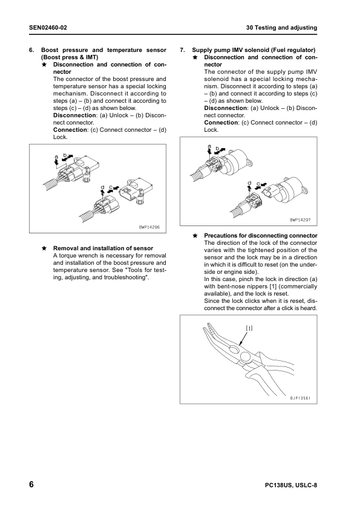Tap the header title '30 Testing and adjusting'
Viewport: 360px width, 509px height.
click(281, 28)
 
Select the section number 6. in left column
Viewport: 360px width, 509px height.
click(31, 50)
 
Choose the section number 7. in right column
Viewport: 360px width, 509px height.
click(183, 50)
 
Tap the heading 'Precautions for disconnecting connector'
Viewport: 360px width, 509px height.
click(261, 235)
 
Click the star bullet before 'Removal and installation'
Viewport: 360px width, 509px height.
click(44, 248)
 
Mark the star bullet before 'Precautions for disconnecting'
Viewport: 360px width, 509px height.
click(195, 235)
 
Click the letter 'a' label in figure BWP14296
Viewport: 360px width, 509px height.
click(56, 157)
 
